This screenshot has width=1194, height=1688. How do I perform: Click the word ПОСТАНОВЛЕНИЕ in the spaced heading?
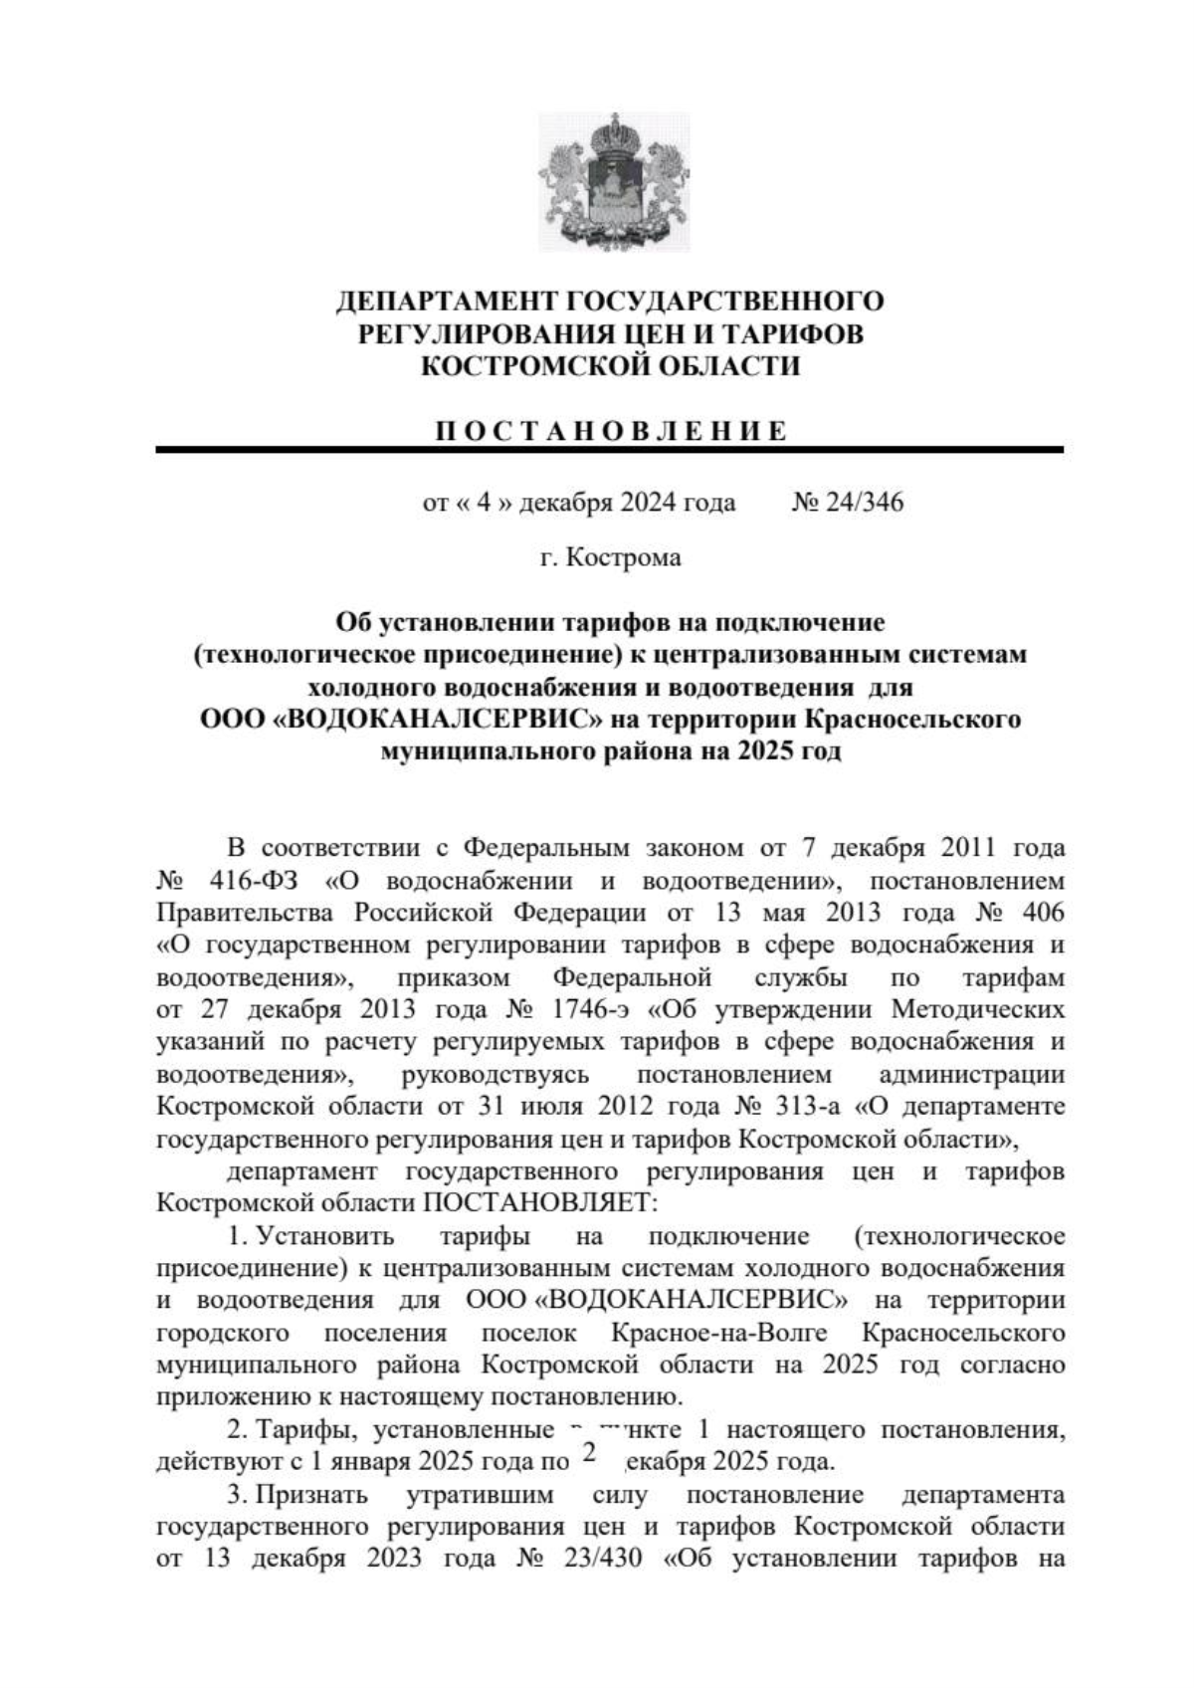point(612,431)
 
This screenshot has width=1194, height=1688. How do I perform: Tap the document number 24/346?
point(861,503)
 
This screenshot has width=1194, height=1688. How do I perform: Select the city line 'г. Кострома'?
point(611,557)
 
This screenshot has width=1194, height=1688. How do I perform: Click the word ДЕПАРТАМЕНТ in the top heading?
point(446,301)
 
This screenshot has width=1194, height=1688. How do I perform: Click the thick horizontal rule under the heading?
point(609,451)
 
